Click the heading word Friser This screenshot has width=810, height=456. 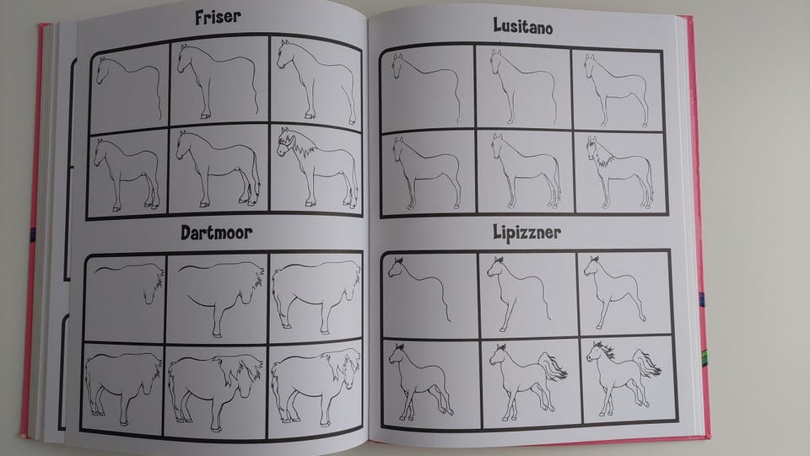pos(218,17)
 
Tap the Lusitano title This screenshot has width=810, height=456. pos(523,26)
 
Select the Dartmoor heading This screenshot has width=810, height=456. pos(217,233)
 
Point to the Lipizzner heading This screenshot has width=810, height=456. pos(526,233)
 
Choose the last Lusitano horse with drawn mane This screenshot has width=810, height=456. pos(620,172)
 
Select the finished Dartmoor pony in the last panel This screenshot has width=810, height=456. pos(316,387)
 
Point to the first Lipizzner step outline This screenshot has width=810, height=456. pos(420,287)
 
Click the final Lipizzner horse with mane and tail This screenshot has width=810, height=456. pos(623,378)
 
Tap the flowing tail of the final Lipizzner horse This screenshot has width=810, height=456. pos(647,363)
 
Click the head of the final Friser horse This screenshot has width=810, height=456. pos(285,142)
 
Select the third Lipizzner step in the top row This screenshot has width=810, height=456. pos(615,292)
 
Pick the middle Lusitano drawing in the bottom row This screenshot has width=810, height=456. pos(525,171)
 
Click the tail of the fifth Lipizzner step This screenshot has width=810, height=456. pos(552,367)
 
